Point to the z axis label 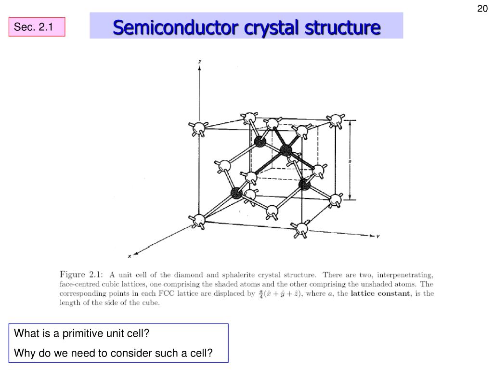pos(200,61)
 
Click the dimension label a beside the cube pos(350,161)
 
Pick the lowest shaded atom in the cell pos(236,194)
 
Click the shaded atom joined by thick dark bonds pos(286,150)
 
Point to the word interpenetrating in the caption pos(405,275)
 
